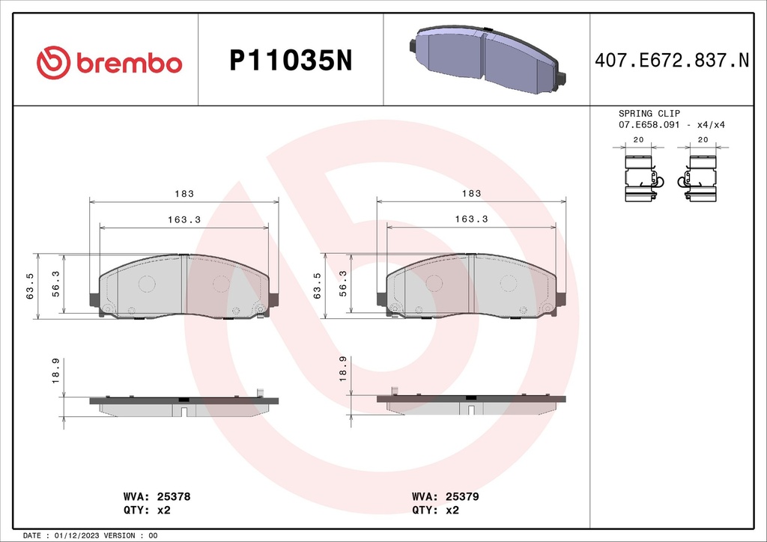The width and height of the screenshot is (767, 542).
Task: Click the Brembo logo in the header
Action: [x=109, y=63]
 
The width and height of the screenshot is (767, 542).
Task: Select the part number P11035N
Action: [x=290, y=61]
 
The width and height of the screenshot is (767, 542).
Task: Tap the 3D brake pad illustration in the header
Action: [x=487, y=60]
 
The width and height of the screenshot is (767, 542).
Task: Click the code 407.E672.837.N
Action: [x=671, y=61]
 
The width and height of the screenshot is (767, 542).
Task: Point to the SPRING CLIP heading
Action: [x=649, y=113]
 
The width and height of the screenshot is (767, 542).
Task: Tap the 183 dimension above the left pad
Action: [x=184, y=194]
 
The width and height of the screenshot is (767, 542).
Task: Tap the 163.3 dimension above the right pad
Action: [x=471, y=219]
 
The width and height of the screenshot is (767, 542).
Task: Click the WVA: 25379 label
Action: [x=445, y=496]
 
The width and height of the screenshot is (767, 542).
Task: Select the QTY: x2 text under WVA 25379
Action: [x=434, y=510]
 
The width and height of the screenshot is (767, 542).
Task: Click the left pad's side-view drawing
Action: [x=184, y=405]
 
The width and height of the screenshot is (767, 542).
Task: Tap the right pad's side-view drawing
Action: [x=470, y=404]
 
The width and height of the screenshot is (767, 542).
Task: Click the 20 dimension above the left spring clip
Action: [x=639, y=140]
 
